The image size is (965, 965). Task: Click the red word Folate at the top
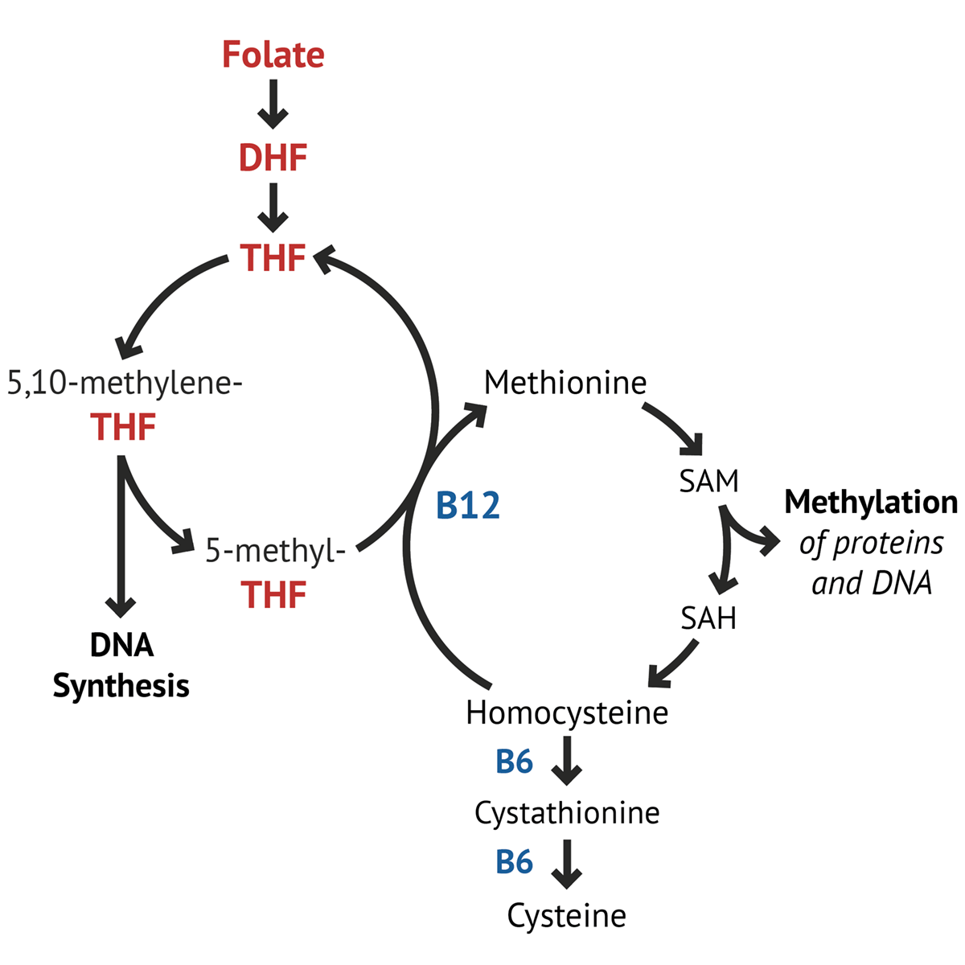click(x=273, y=55)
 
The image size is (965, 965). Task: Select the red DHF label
click(x=273, y=158)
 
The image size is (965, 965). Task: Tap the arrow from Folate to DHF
click(x=273, y=105)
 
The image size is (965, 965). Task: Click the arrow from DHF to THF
click(x=273, y=207)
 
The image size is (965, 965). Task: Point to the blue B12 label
click(x=467, y=506)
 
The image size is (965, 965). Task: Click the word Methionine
click(x=565, y=382)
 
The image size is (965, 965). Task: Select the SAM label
click(x=708, y=481)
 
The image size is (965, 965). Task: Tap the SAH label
click(x=708, y=618)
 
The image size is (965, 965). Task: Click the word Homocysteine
click(x=567, y=712)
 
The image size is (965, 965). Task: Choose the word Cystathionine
click(x=567, y=812)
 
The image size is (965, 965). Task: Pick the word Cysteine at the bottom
click(x=567, y=915)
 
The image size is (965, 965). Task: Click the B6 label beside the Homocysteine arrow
click(x=514, y=761)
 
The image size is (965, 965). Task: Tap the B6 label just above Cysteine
click(x=514, y=861)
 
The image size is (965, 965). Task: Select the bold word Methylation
click(x=871, y=502)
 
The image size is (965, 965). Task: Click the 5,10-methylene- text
click(x=125, y=383)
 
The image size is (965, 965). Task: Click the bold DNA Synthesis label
click(x=121, y=665)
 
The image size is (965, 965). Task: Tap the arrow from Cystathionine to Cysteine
click(x=567, y=863)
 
